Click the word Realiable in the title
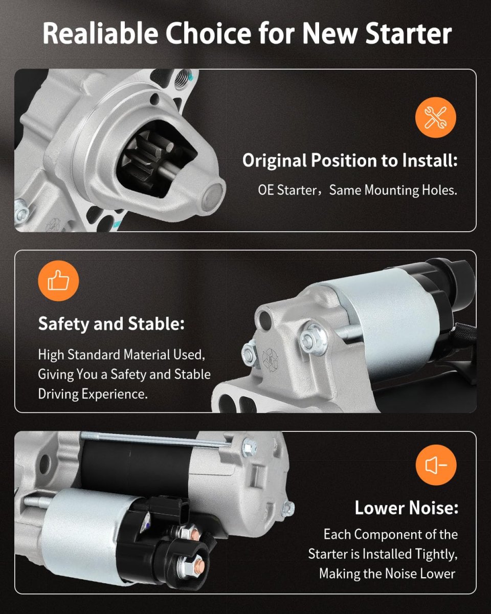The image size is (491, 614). [100, 33]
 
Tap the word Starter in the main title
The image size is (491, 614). [409, 33]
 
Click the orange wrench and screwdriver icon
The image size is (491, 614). [435, 117]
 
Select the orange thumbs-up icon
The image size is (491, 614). [58, 281]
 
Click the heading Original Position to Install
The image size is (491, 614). [350, 161]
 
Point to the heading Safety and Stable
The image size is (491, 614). [111, 323]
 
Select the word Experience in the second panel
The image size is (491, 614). [115, 394]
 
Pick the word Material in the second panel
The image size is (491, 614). [147, 355]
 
